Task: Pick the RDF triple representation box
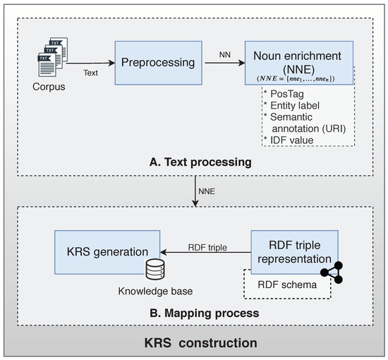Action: (294, 250)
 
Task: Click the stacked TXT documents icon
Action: (48, 59)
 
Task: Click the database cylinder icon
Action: (154, 269)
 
